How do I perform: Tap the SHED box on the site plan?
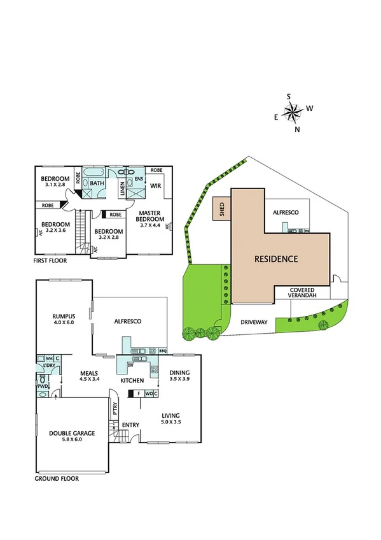coord(221,208)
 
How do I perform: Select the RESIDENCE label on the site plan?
coord(276,259)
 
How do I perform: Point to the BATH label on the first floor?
coord(97,183)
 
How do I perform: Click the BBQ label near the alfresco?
coord(162,351)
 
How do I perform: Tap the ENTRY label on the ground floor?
coord(130,425)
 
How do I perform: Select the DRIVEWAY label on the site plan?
coord(254,323)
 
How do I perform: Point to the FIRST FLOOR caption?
coord(51,261)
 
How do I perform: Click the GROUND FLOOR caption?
coord(57,478)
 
